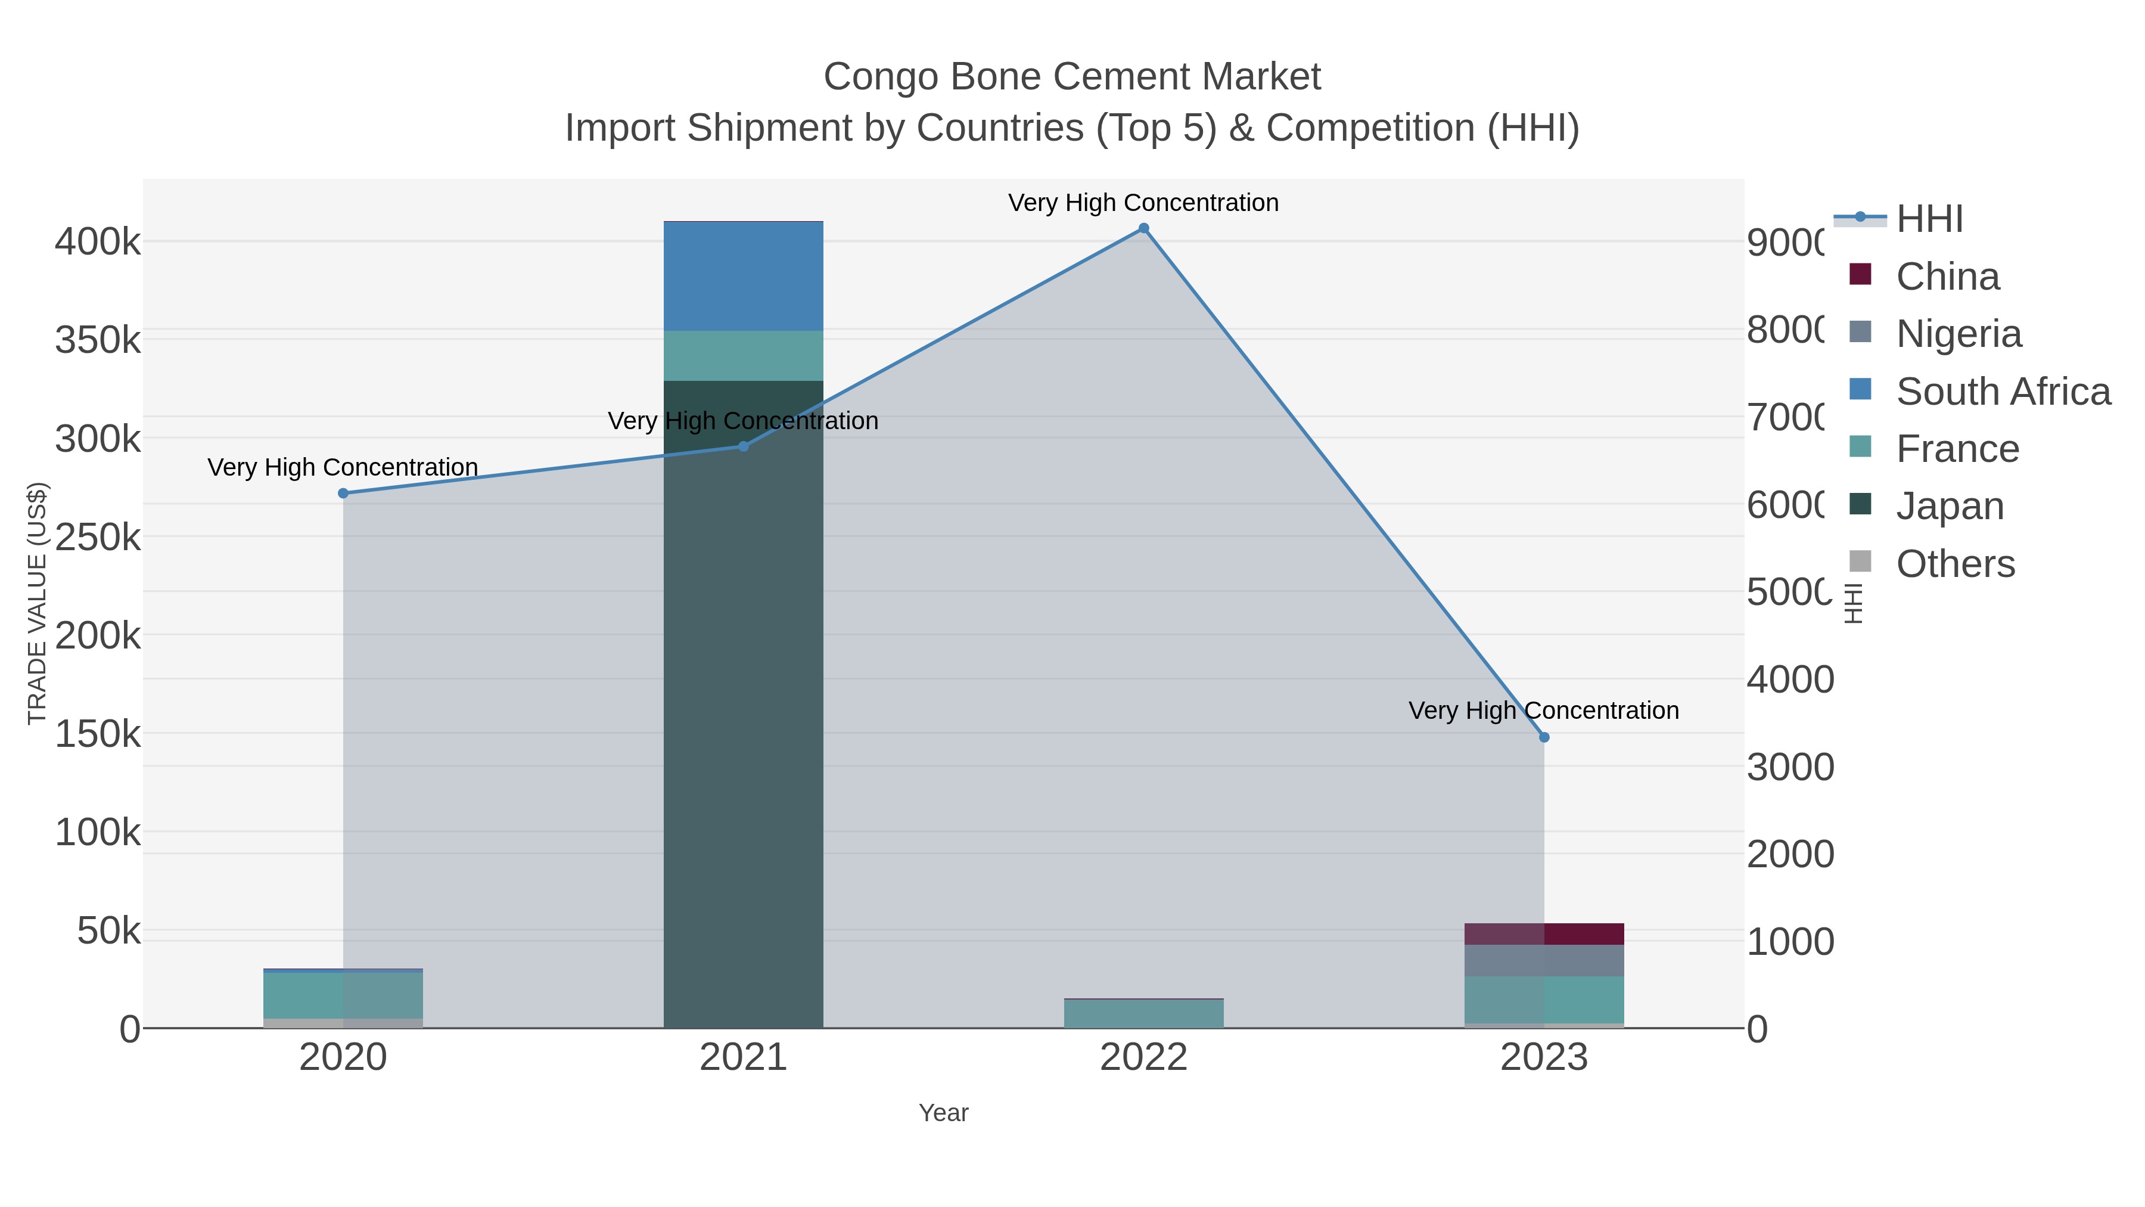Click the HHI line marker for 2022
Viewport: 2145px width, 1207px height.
click(1143, 228)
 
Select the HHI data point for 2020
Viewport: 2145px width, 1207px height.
click(343, 493)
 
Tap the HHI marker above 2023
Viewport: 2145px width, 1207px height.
click(1544, 737)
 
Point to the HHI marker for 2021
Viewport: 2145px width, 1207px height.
click(744, 446)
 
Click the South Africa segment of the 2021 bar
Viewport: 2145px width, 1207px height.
click(744, 277)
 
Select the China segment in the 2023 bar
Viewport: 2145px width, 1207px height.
click(1544, 934)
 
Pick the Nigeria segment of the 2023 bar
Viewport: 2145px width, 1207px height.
click(1544, 960)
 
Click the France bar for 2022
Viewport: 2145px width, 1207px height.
click(1143, 1014)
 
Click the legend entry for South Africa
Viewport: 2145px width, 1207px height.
click(2003, 392)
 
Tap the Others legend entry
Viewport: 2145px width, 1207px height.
click(1954, 564)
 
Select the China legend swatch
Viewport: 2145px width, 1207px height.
click(1860, 274)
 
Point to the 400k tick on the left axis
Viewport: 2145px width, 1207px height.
click(98, 243)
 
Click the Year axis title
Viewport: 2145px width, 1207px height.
click(943, 1113)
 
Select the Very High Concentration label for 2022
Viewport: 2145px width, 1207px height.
click(1143, 203)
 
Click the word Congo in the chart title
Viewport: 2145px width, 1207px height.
click(881, 77)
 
